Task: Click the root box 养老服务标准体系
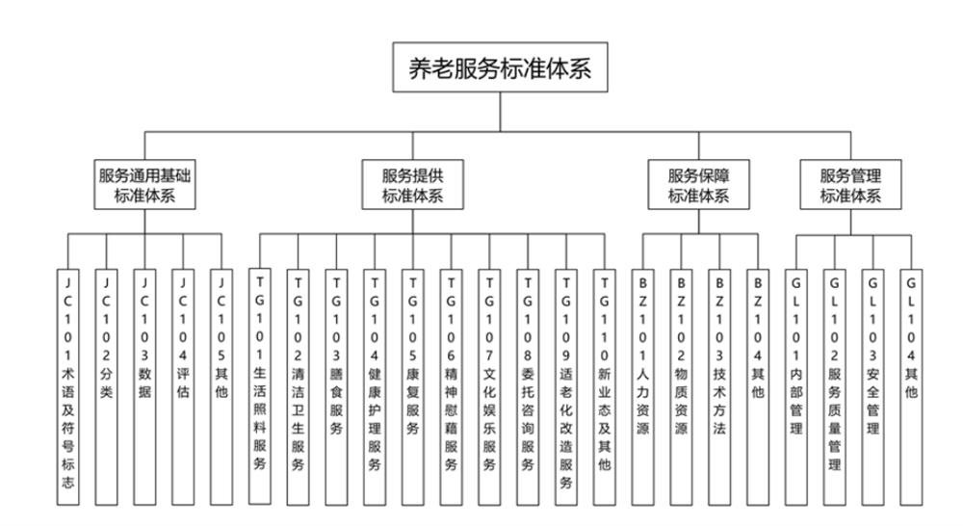(x=500, y=67)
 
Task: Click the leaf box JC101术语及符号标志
(x=68, y=385)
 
